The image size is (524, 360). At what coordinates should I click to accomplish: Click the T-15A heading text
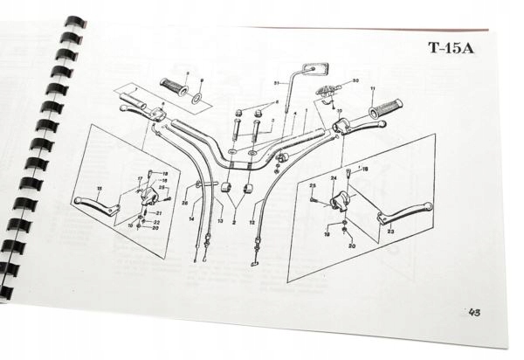pyautogui.click(x=451, y=48)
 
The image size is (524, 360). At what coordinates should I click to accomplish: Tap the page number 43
pyautogui.click(x=474, y=312)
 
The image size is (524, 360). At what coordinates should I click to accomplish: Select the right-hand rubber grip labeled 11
pyautogui.click(x=385, y=109)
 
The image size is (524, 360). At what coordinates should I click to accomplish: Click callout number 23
pyautogui.click(x=390, y=232)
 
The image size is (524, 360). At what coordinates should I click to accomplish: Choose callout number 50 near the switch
pyautogui.click(x=355, y=81)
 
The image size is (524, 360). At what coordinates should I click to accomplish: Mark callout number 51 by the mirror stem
pyautogui.click(x=276, y=82)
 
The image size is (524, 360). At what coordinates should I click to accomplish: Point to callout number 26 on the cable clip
pyautogui.click(x=184, y=203)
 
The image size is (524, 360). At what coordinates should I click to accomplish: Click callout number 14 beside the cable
pyautogui.click(x=191, y=219)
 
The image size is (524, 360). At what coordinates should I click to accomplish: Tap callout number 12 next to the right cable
pyautogui.click(x=252, y=222)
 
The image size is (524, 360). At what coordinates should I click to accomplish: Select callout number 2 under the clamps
pyautogui.click(x=234, y=222)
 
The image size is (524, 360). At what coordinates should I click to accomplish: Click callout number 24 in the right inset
pyautogui.click(x=333, y=178)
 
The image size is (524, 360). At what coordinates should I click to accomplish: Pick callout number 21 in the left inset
pyautogui.click(x=158, y=212)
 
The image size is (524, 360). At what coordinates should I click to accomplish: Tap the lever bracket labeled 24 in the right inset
pyautogui.click(x=340, y=202)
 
